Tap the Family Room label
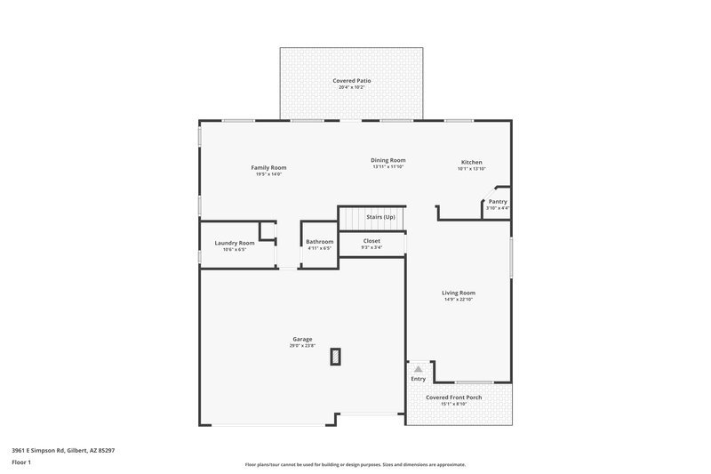tap(268, 167)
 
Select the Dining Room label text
tap(388, 160)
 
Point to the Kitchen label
tap(471, 162)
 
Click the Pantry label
tap(498, 201)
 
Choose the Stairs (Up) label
tap(380, 217)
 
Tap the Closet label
tap(371, 240)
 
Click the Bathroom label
tap(319, 242)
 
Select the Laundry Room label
tap(235, 243)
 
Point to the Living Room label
tap(459, 293)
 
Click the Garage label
tap(302, 339)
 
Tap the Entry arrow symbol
tap(418, 368)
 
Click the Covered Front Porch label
tap(454, 398)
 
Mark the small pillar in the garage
tap(335, 357)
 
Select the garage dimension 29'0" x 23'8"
tap(302, 345)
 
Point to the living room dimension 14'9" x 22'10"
tap(459, 299)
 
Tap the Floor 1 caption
tap(20, 463)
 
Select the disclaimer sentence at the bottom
tap(355, 464)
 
